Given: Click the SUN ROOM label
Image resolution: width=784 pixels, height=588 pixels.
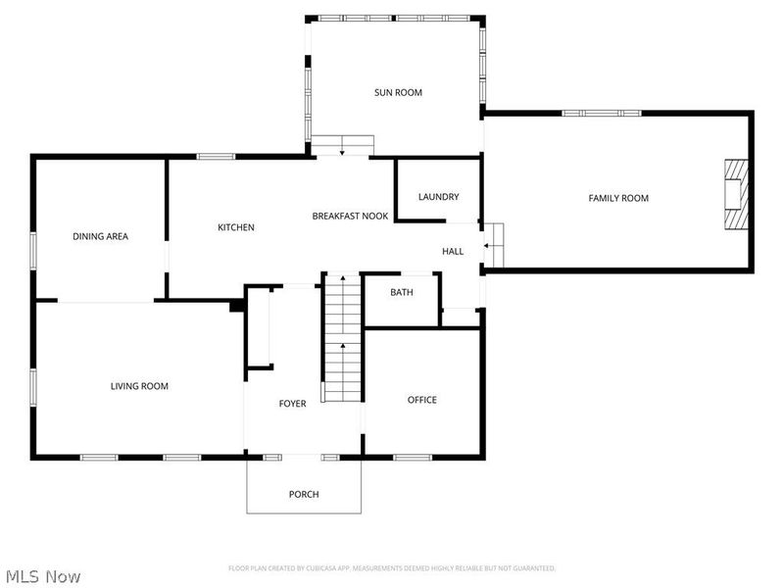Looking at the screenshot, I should pos(398,93).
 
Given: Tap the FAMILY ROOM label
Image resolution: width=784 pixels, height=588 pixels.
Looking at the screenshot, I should pos(618,198).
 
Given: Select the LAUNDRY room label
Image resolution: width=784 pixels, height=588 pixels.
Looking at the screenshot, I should pos(438,197).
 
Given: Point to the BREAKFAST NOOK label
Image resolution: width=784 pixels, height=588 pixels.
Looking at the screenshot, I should pos(350,216).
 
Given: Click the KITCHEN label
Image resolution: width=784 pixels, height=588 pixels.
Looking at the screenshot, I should pos(235,227).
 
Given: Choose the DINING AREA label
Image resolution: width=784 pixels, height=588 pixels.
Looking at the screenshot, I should pos(100,236).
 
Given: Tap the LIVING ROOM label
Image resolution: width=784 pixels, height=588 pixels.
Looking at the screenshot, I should pos(139,386).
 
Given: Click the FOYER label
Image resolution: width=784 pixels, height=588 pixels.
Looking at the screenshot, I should pos(292,404).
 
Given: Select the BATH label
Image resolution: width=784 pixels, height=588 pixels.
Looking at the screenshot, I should pos(402,293).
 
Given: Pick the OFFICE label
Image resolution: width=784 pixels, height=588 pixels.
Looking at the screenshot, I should pos(422,400).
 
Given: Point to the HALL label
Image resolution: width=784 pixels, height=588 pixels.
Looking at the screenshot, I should pos(453,252).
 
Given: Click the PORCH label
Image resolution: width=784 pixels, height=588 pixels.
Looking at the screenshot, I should pos(304,494).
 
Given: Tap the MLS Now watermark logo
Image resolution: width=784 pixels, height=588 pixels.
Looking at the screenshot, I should pos(42,576).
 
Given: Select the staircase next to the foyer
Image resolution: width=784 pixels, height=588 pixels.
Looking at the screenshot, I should pos(342,338).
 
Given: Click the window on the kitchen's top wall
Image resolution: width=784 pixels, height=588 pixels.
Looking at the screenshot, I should pos(216,156).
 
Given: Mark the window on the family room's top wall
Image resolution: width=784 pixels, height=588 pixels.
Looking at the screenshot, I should pos(602,113).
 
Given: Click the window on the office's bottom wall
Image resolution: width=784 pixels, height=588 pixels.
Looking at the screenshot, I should pos(413,457).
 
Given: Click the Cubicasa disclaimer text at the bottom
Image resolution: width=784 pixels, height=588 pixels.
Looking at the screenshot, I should pos(392,568).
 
